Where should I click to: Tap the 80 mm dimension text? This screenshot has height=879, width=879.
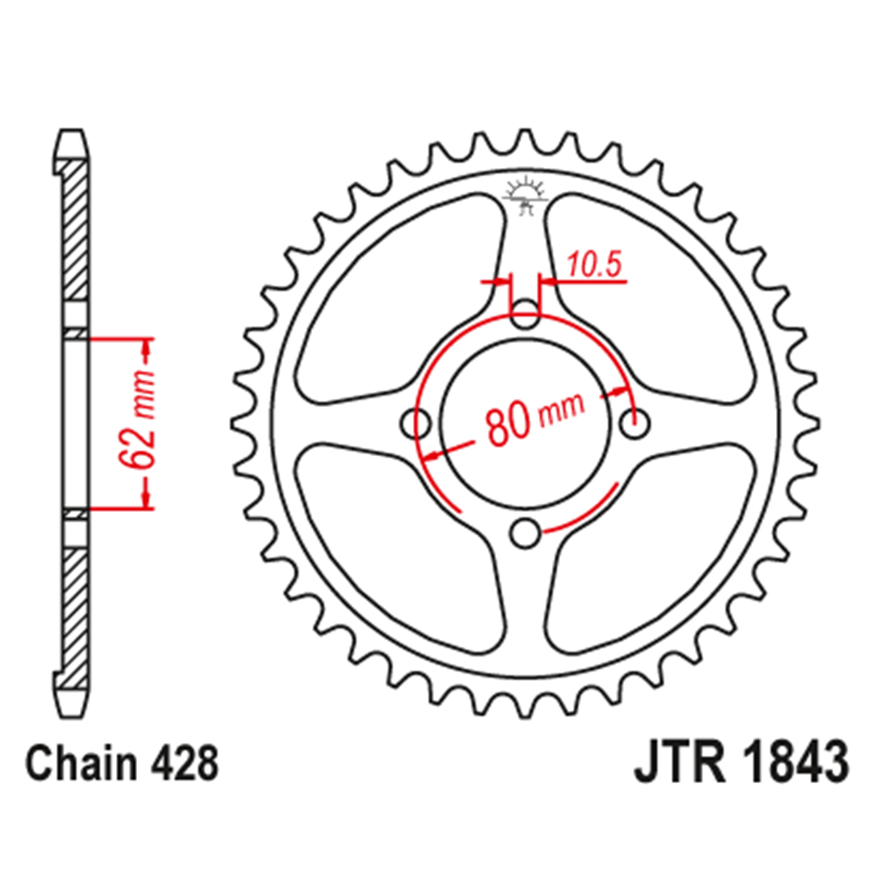click(x=531, y=419)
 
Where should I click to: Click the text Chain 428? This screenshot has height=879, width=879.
click(x=121, y=765)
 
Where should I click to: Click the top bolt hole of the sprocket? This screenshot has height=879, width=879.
click(x=526, y=313)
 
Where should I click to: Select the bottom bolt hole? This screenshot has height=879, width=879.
click(x=526, y=533)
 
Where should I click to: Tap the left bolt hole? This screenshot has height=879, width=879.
click(x=416, y=424)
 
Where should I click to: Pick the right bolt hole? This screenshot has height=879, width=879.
click(x=636, y=424)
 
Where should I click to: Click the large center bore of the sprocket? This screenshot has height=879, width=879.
click(x=526, y=424)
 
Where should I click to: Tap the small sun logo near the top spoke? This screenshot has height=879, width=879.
click(x=526, y=195)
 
